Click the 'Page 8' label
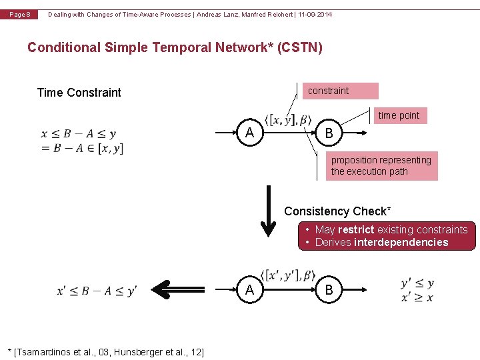pyautogui.click(x=20, y=15)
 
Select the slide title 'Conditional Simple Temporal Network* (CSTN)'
pyautogui.click(x=175, y=47)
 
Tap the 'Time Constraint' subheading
pyautogui.click(x=79, y=93)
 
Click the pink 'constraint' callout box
pyautogui.click(x=342, y=91)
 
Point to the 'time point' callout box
pyautogui.click(x=399, y=115)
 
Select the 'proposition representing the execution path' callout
pyautogui.click(x=381, y=166)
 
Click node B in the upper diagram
pyautogui.click(x=329, y=135)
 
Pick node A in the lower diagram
pyautogui.click(x=249, y=289)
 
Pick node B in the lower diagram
pyautogui.click(x=329, y=290)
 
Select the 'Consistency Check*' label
pyautogui.click(x=337, y=211)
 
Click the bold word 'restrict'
pyautogui.click(x=356, y=230)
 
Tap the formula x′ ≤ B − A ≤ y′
pyautogui.click(x=97, y=291)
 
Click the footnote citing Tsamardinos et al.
pyautogui.click(x=105, y=351)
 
